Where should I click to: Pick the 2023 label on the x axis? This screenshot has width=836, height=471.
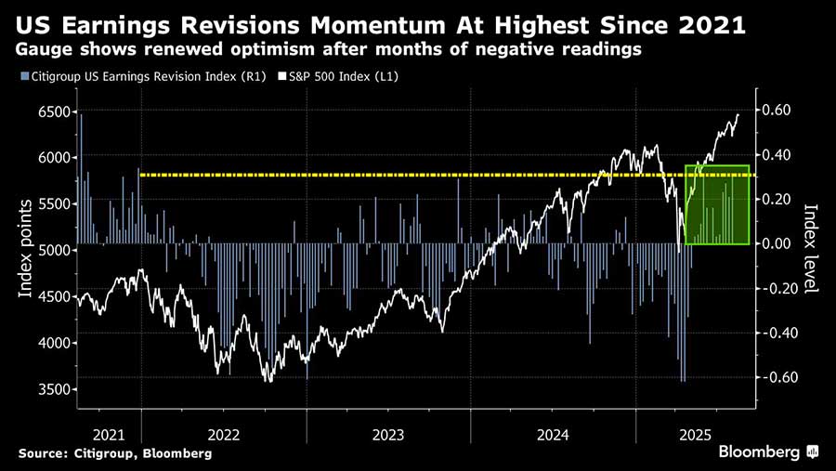pyautogui.click(x=388, y=435)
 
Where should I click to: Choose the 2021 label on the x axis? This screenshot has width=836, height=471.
pyautogui.click(x=109, y=435)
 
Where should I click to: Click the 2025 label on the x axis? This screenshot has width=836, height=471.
pyautogui.click(x=696, y=435)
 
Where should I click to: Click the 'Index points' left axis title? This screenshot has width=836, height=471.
pyautogui.click(x=26, y=249)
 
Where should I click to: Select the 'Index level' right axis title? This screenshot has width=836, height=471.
pyautogui.click(x=810, y=249)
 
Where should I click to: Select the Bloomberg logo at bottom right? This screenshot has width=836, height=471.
pyautogui.click(x=767, y=451)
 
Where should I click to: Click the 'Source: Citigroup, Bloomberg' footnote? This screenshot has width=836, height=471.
pyautogui.click(x=114, y=453)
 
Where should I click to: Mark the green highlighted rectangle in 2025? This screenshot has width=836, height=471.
pyautogui.click(x=716, y=205)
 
